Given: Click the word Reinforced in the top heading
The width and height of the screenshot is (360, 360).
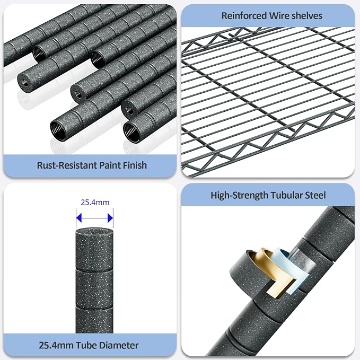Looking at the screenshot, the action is (244, 16).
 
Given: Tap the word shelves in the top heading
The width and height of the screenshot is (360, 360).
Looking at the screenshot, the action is (307, 16).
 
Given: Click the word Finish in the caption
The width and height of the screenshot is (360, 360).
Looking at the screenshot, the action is (135, 165).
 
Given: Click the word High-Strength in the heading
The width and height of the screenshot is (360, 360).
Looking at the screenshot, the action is (239, 196).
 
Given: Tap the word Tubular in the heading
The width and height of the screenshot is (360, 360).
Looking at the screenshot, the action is (286, 196).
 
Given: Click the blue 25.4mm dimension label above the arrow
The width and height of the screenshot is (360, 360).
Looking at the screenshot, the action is (95, 203).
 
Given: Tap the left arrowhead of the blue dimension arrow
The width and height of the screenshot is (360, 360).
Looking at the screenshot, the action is (79, 218).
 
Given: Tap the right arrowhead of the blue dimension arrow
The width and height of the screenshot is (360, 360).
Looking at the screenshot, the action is (110, 218).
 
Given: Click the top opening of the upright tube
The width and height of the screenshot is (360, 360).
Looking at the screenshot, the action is (94, 231).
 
